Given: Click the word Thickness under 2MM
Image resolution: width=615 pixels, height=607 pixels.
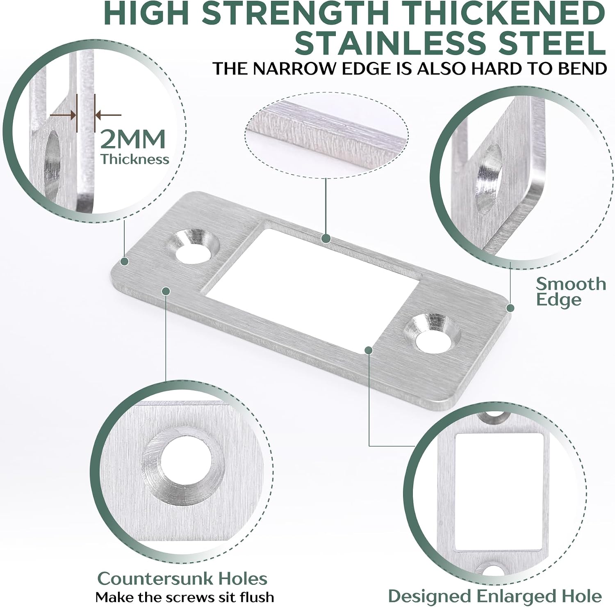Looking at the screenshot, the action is [135, 159].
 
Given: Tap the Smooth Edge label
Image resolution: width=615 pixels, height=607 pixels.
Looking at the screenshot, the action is [571, 291].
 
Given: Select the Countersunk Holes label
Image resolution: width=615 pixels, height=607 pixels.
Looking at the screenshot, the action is [182, 579].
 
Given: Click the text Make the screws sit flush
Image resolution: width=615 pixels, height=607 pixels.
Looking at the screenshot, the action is [185, 597].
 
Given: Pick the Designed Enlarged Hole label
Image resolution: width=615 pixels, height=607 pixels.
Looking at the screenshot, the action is [495, 596].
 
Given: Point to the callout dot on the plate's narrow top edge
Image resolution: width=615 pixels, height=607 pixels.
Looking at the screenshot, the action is [326, 238].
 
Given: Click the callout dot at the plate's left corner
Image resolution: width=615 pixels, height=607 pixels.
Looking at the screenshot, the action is [125, 261].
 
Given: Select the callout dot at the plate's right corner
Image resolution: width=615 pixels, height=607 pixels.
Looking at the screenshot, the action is [510, 308].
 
